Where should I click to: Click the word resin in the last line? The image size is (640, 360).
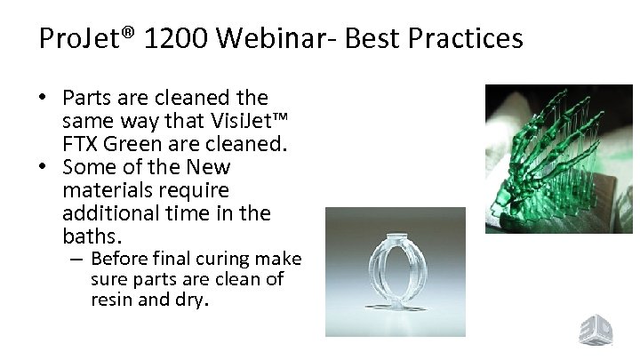click(x=109, y=300)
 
